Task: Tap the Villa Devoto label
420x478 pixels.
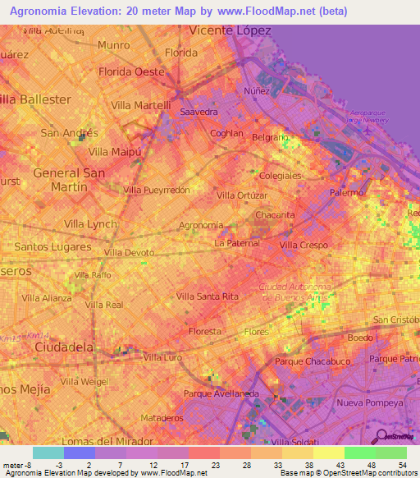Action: coord(128,252)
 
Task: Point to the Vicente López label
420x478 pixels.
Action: coord(230,30)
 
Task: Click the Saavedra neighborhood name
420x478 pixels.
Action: coord(199,111)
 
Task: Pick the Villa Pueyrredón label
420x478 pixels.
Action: coord(157,190)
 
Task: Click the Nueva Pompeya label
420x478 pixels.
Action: coord(369,403)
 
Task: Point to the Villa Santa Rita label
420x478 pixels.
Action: coord(207,296)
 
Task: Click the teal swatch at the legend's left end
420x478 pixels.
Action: coord(48,453)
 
